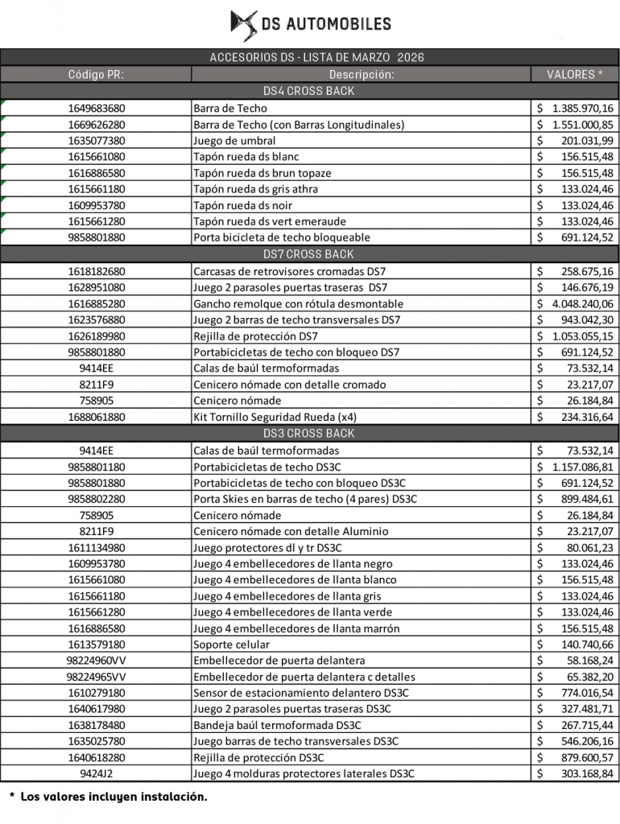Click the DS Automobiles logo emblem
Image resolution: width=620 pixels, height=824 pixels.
[x=244, y=25]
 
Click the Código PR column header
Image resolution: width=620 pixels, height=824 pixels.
[x=96, y=74]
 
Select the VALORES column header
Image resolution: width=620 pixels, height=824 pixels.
[x=575, y=74]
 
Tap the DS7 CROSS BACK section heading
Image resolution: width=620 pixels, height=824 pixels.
[x=309, y=254]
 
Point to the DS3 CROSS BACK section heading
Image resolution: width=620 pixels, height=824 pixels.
[x=309, y=434]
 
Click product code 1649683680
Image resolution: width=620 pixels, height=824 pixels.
[x=96, y=108]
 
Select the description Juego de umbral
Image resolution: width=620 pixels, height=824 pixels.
[x=234, y=141]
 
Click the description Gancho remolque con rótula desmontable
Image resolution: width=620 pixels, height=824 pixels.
[x=298, y=304]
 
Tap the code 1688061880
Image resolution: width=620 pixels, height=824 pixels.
[x=96, y=417]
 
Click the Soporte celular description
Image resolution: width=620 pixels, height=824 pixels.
[x=232, y=645]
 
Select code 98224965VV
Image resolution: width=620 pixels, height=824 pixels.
[x=96, y=677]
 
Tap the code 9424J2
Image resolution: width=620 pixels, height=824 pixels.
[x=96, y=774]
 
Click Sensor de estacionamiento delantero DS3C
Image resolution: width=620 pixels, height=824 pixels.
[x=301, y=693]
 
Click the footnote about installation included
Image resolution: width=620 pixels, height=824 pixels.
[x=114, y=797]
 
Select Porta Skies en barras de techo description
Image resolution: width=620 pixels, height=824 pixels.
[x=305, y=499]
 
